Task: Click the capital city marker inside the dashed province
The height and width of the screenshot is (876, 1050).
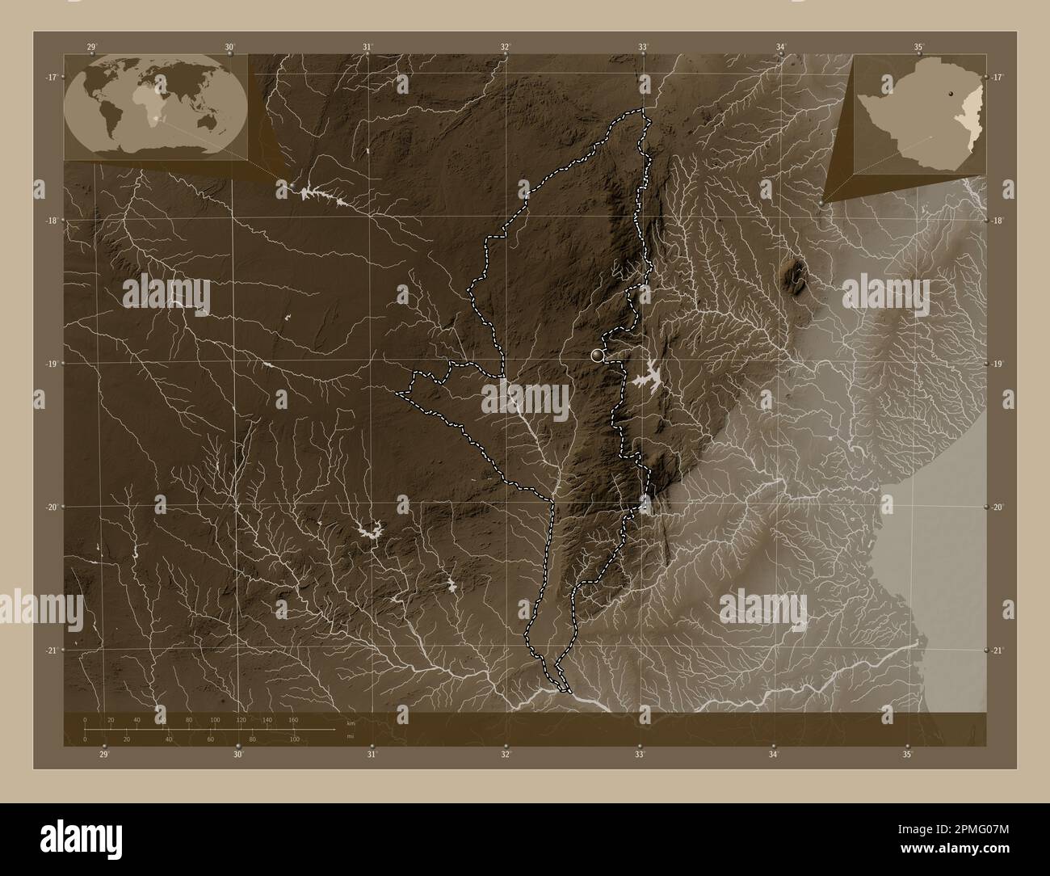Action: point(598,354)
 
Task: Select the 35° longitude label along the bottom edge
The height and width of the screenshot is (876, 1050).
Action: point(908,755)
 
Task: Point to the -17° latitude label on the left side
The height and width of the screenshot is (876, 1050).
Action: point(50,77)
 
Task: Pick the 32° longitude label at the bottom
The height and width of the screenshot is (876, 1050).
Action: point(506,755)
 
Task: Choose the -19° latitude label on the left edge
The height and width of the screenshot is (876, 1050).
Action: point(50,364)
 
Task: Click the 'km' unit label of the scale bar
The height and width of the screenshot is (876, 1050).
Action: point(350,723)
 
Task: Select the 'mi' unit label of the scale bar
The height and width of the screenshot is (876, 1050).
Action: point(349,736)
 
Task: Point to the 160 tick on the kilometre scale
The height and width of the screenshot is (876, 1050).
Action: point(293,719)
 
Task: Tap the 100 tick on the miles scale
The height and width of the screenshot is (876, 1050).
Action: point(295,739)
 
